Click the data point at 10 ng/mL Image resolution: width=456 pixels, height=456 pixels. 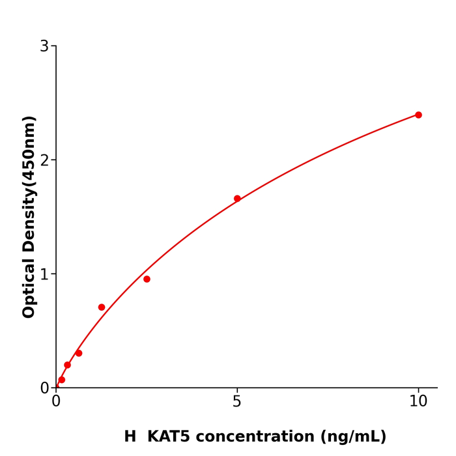[x=418, y=115]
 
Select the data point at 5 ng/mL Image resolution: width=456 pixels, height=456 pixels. [x=237, y=199]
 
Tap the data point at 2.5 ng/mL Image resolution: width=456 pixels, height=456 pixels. [x=147, y=279]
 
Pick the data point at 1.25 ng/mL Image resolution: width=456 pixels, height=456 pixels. [x=102, y=307]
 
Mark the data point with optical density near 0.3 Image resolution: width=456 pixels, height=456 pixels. [x=79, y=353]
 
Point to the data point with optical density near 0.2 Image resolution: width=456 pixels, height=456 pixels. [x=67, y=365]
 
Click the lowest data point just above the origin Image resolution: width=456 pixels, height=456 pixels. [x=62, y=380]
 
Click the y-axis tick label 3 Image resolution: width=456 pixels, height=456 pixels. [x=44, y=46]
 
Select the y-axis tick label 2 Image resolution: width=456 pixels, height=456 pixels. [x=44, y=160]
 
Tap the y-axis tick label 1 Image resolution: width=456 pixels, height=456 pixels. [x=44, y=274]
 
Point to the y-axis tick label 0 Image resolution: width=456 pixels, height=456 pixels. [x=44, y=388]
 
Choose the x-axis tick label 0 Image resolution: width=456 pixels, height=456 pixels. [x=56, y=402]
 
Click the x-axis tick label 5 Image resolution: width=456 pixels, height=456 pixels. [x=237, y=402]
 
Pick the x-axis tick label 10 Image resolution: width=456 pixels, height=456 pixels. [x=418, y=402]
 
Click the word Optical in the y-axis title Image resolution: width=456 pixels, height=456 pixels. [x=29, y=287]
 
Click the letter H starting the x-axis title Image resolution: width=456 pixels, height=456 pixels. [x=130, y=436]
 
